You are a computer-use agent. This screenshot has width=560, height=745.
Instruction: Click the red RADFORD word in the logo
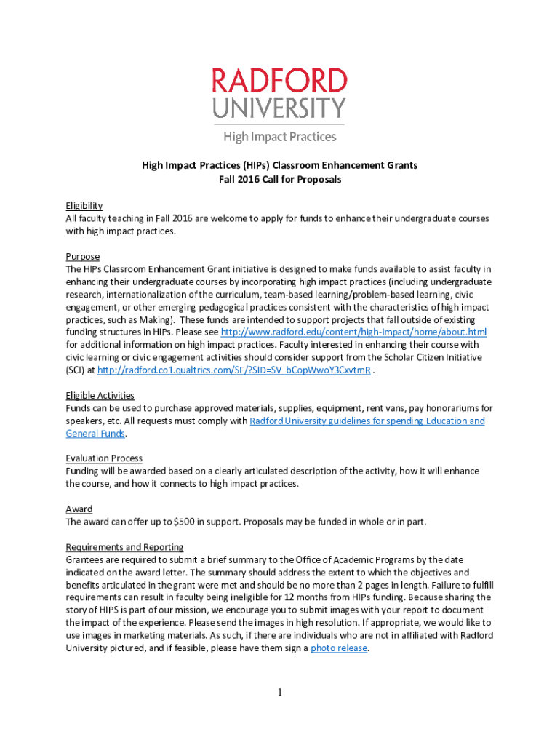pos(279,81)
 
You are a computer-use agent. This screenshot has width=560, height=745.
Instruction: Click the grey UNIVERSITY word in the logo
pos(279,108)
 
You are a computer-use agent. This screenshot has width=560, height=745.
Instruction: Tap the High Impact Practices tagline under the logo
pos(279,136)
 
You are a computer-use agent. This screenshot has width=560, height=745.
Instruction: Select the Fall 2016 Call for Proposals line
pos(280,179)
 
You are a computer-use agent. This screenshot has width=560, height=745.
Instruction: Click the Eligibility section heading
pos(84,206)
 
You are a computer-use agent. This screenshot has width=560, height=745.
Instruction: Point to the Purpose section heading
pos(82,257)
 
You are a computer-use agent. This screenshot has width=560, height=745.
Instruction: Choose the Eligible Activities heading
pos(100,395)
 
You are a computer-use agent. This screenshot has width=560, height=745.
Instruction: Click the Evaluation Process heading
pos(104,458)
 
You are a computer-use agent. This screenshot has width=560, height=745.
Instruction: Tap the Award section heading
pos(79,509)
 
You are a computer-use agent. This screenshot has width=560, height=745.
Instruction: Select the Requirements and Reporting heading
pos(124,547)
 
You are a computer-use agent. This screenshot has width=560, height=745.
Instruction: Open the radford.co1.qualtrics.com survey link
pos(233,370)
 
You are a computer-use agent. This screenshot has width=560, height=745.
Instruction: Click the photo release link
pos(338,648)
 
